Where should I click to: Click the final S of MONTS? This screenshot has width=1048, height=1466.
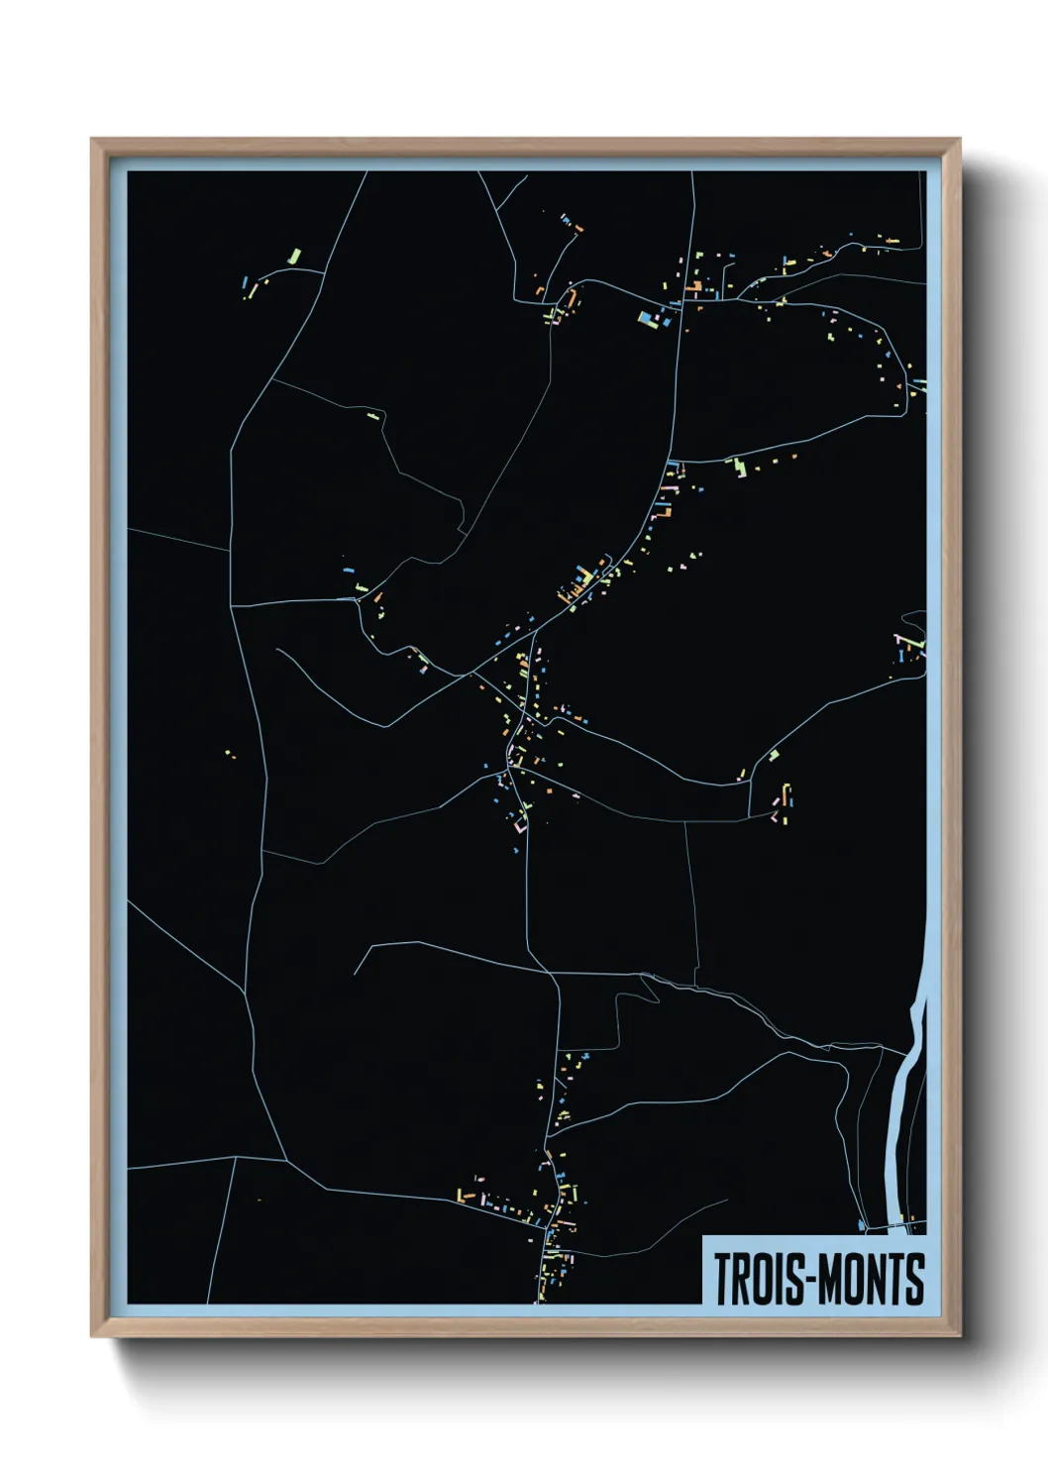(x=916, y=1279)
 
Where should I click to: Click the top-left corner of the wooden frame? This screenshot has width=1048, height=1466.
(x=93, y=141)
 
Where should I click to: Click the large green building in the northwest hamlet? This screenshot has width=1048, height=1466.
(x=293, y=257)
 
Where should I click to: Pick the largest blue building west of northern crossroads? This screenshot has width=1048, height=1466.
(x=648, y=318)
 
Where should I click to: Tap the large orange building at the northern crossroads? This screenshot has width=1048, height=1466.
(x=694, y=287)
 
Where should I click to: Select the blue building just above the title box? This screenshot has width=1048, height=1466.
(x=862, y=1226)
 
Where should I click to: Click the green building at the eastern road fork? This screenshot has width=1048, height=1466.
(x=773, y=756)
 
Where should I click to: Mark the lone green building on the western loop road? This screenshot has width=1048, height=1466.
(x=372, y=416)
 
